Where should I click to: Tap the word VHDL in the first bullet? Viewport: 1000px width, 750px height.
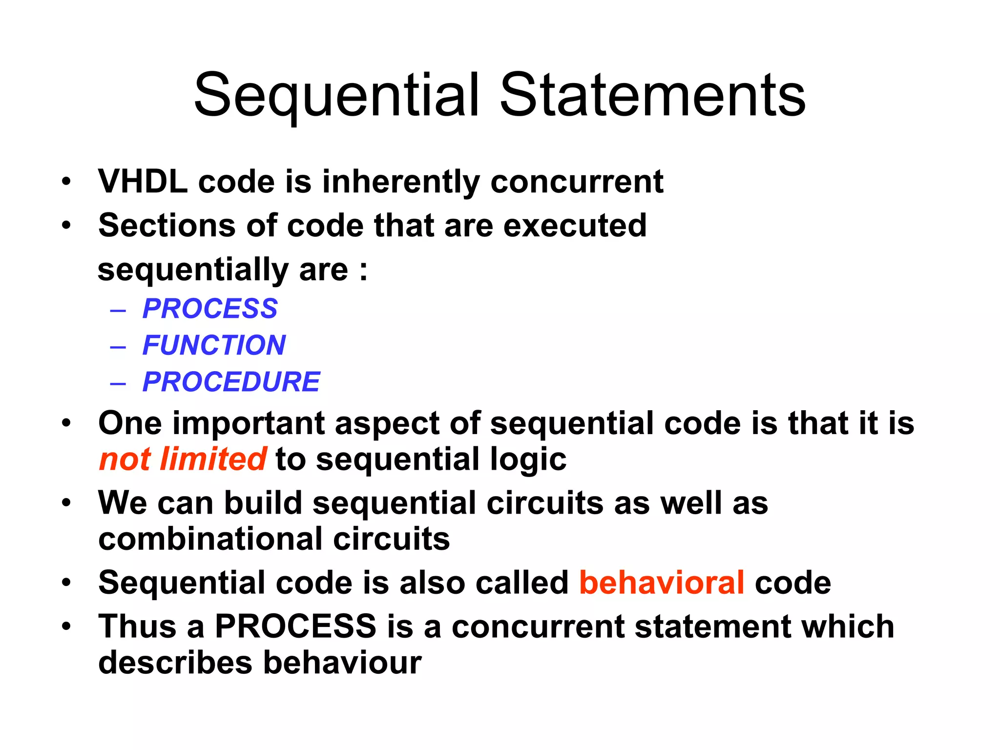[143, 182]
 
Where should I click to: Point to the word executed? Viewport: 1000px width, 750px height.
[575, 226]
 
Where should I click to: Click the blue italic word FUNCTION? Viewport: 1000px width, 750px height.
[214, 345]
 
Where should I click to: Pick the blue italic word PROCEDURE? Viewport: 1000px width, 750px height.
[231, 382]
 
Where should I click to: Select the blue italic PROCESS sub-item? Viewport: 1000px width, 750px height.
[210, 309]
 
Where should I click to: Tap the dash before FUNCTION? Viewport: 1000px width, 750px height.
[118, 347]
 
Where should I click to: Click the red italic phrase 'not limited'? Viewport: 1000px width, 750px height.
[183, 459]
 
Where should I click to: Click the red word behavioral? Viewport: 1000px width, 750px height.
[662, 583]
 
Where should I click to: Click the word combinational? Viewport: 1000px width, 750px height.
[210, 539]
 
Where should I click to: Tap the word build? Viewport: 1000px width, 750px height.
[263, 503]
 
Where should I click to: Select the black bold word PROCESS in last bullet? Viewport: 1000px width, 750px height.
[295, 626]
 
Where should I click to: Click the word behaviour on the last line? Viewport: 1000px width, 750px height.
[342, 663]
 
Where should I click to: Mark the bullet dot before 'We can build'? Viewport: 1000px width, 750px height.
[66, 503]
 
